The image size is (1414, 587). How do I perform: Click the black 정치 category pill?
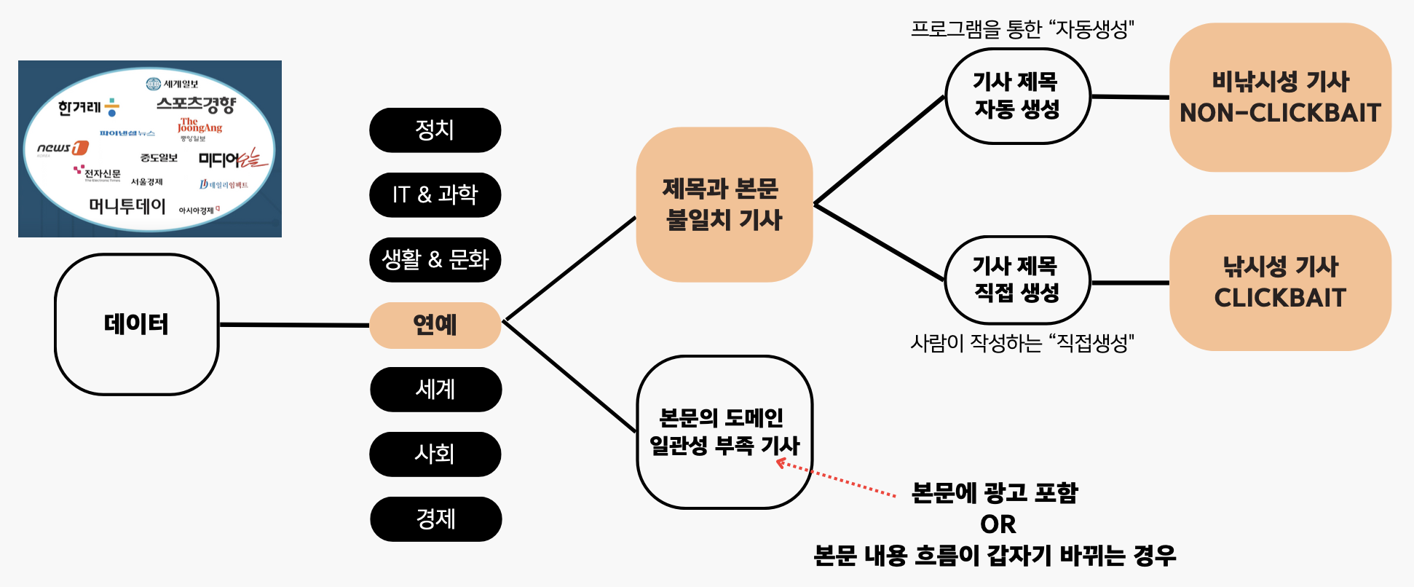coord(435,130)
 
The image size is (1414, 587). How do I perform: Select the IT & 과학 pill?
coord(435,195)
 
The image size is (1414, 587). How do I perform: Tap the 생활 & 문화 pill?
coord(435,260)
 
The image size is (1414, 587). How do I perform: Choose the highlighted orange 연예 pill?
coord(435,325)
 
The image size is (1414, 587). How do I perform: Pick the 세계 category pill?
coord(435,390)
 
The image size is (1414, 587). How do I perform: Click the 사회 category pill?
coord(435,454)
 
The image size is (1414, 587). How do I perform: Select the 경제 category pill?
coord(435,519)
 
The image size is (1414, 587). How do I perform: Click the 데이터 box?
coord(136,324)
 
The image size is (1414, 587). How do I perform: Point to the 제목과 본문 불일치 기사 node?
coord(724,205)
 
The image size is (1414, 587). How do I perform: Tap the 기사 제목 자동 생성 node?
coord(1017,96)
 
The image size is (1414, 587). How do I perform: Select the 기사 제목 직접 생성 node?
coord(1017,280)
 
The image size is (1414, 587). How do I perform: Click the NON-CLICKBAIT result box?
coord(1280,98)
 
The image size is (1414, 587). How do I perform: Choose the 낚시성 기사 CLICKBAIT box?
coord(1280,283)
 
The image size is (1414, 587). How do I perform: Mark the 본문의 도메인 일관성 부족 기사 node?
coord(724,432)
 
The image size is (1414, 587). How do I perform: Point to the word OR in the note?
coord(998,524)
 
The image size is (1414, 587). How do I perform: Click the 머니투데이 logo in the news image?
coord(127,206)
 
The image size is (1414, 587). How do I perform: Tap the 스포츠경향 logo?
coord(197,105)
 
